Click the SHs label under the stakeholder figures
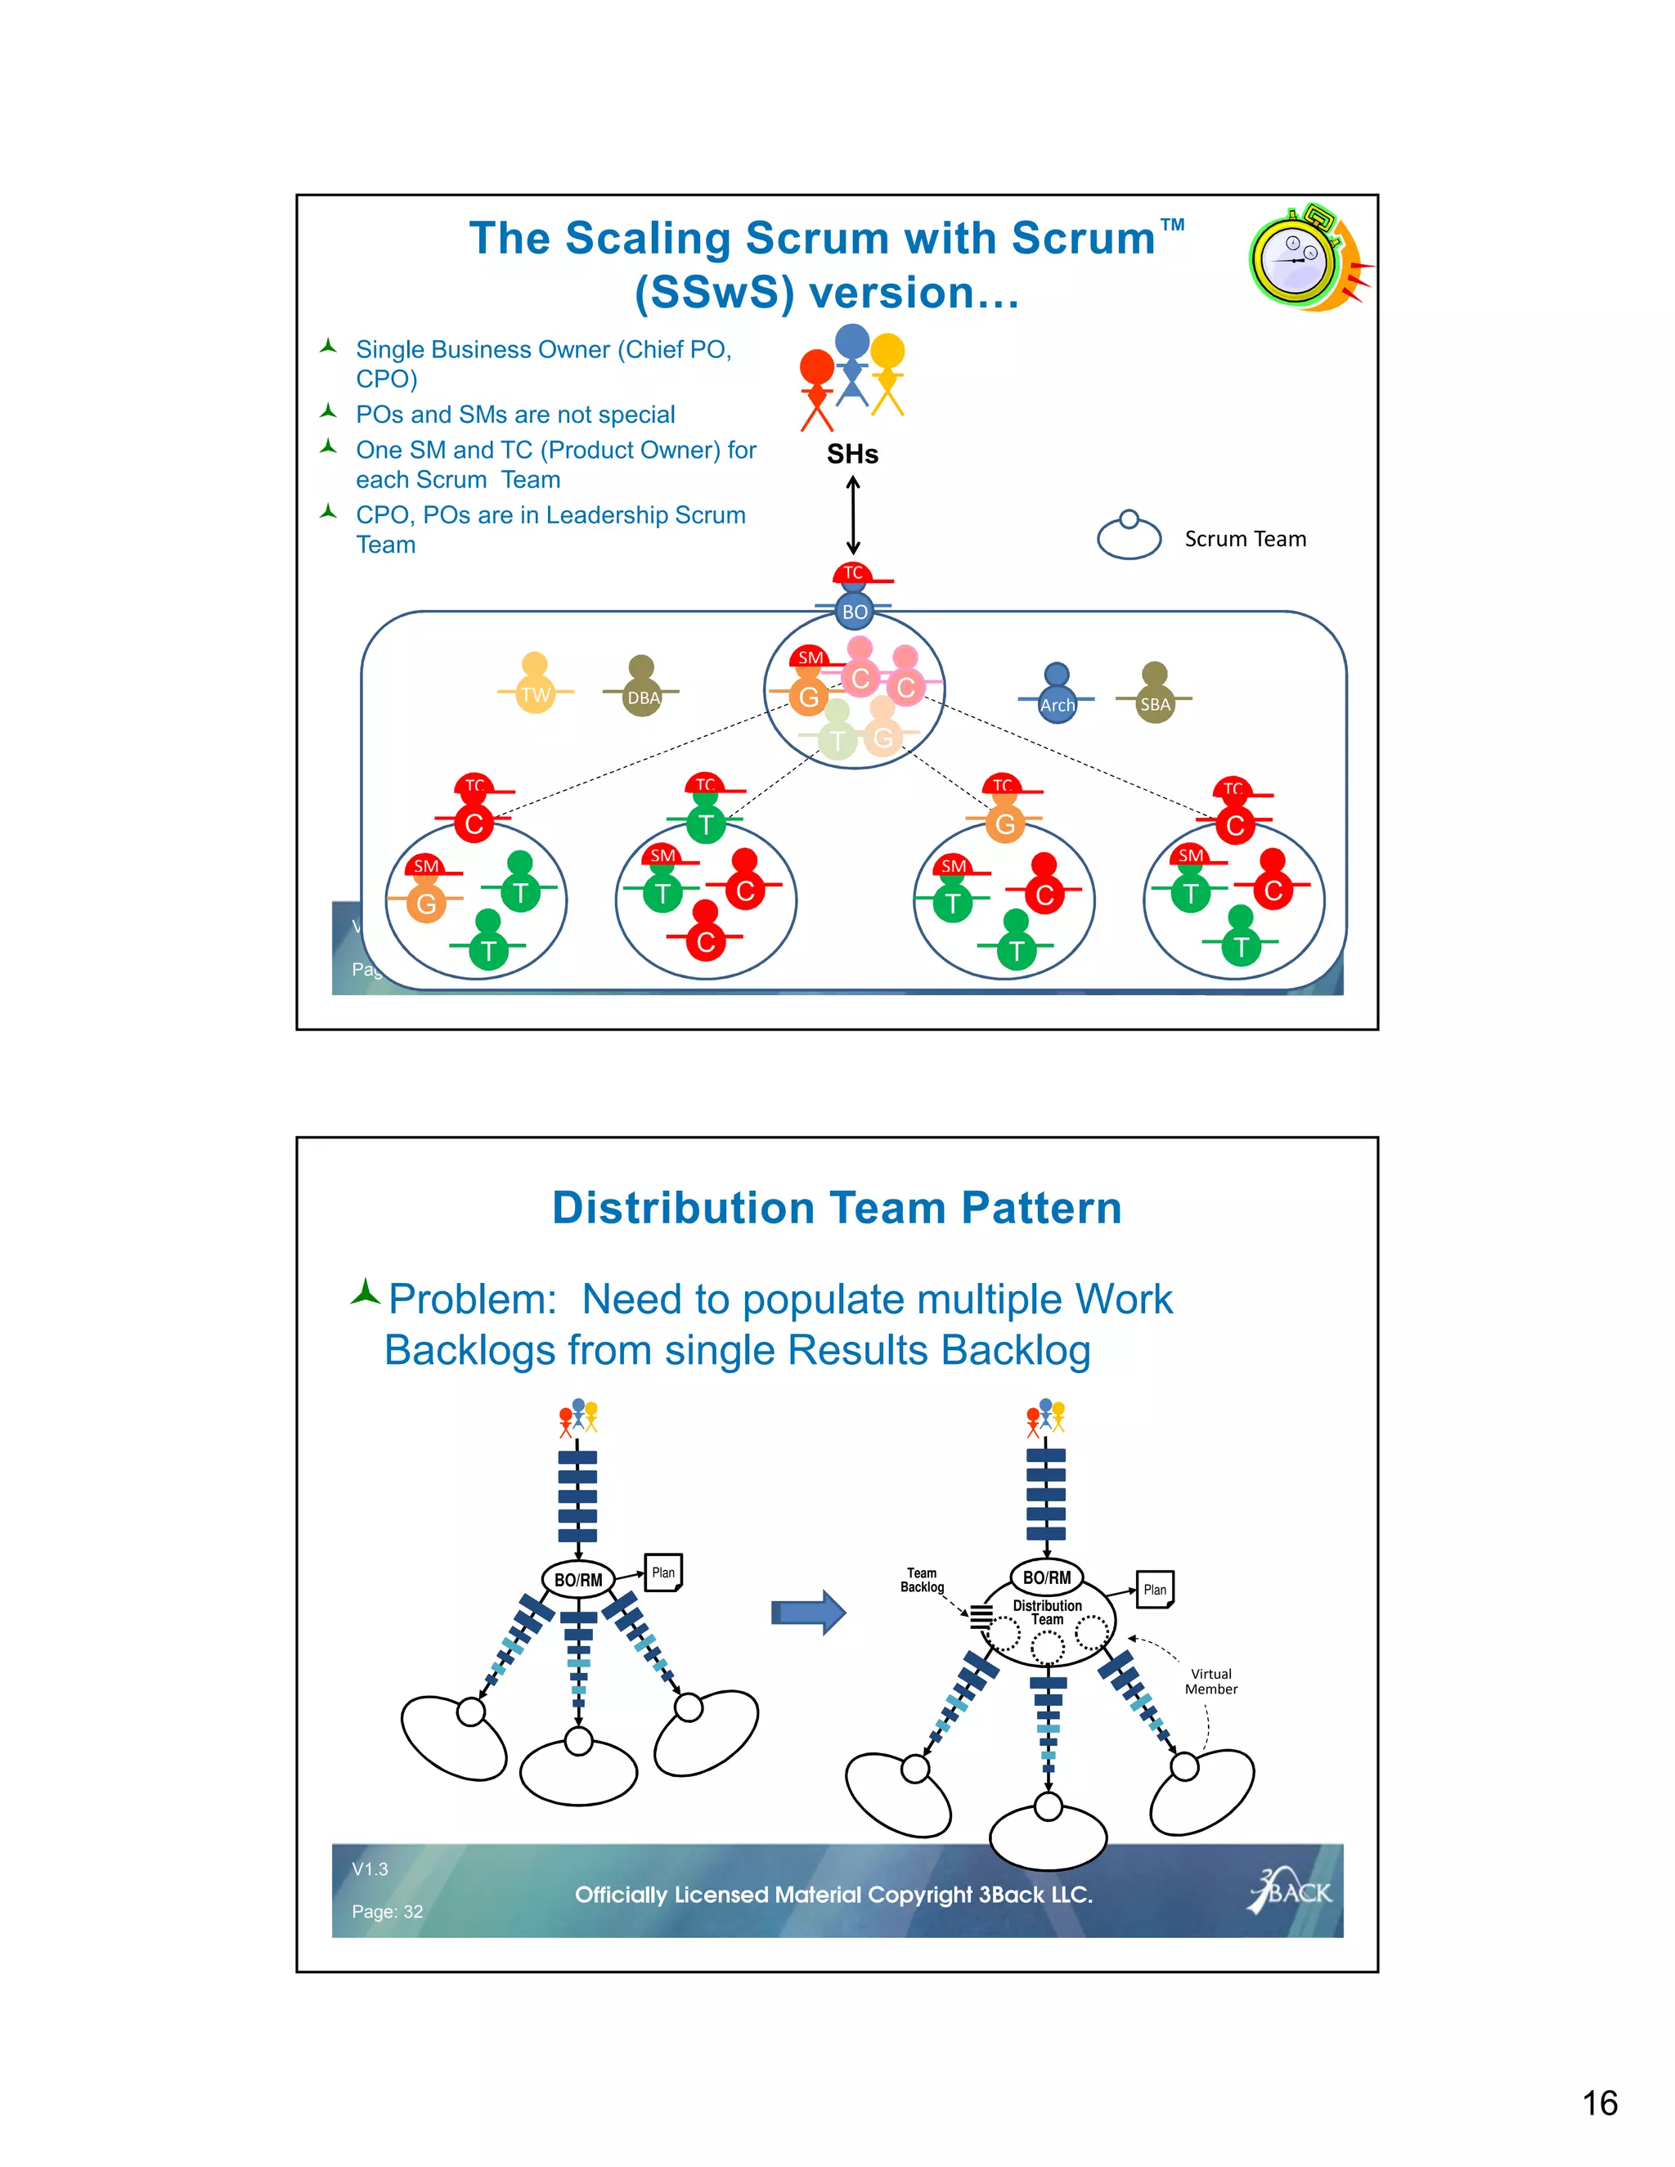pos(852,455)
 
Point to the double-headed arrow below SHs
pos(852,515)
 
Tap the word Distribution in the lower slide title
pos(684,1209)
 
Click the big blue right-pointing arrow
pos(808,1613)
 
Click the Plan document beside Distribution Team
pos(1154,1590)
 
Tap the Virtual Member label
pos(1210,1680)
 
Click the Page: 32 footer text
pos(387,1911)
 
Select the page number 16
pos(1599,2102)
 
